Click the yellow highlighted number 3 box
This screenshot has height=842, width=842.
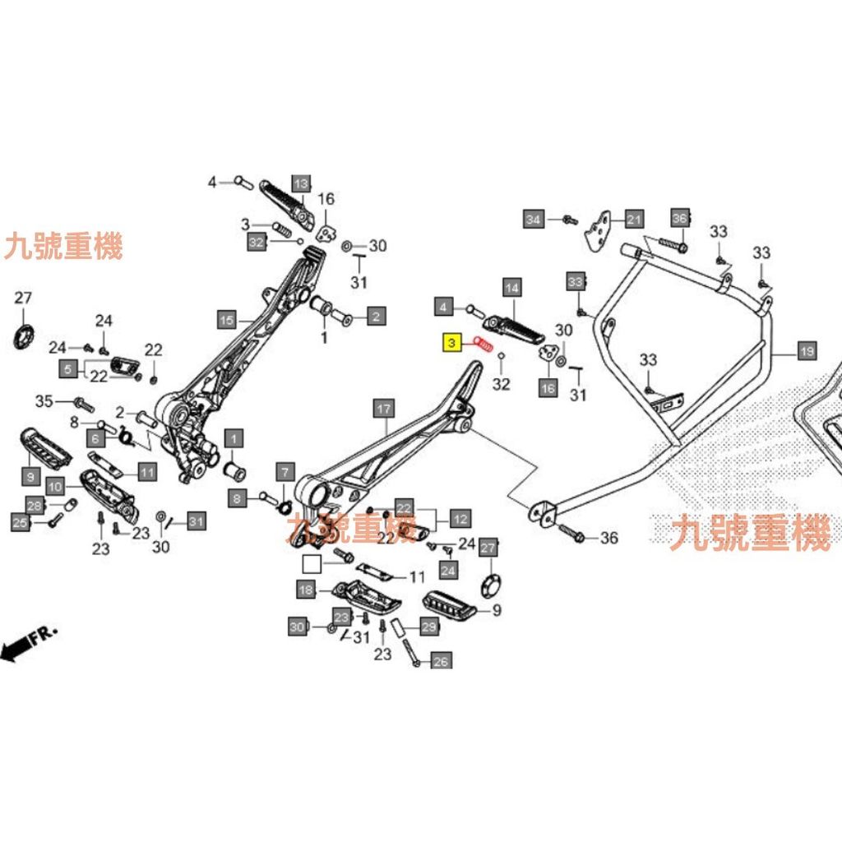[452, 342]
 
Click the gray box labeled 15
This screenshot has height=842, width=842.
[226, 319]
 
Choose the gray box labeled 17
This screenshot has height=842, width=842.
[383, 408]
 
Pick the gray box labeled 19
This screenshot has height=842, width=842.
[807, 352]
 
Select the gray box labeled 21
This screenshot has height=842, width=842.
[634, 219]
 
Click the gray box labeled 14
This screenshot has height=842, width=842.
[512, 288]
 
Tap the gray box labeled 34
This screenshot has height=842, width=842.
[534, 219]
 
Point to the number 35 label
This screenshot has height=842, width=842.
[44, 401]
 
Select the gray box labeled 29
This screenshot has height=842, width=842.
[428, 627]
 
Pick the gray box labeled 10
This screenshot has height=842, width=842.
[55, 486]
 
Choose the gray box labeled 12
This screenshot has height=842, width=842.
[460, 519]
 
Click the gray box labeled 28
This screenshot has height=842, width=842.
[35, 505]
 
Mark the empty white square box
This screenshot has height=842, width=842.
[312, 563]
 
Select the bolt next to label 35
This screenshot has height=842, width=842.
[83, 403]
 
